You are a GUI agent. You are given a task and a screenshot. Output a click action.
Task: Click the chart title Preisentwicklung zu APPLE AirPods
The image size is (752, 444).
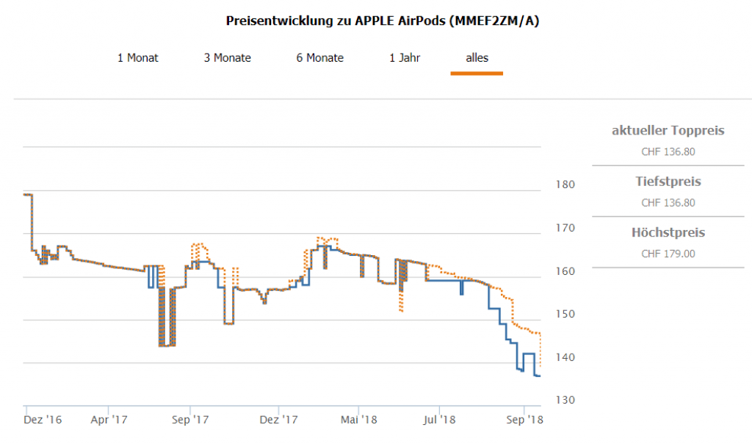point(383,21)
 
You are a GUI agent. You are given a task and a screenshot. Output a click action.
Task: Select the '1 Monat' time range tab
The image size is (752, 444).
point(138,57)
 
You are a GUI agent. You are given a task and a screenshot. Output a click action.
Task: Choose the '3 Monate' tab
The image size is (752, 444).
point(228,57)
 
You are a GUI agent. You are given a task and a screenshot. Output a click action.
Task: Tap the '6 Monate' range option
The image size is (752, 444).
point(320,57)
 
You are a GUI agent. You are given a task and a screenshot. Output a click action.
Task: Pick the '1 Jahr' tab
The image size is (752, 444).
point(405,57)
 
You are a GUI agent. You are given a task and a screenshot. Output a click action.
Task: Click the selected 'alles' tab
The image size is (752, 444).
point(477,57)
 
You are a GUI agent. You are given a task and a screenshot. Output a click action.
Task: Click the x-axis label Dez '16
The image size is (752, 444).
point(43,420)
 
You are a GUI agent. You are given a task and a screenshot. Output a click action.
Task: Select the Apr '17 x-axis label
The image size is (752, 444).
point(109,420)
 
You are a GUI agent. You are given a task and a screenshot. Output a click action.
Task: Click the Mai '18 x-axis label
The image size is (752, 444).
point(358,420)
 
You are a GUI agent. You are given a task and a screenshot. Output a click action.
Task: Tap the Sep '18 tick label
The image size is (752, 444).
point(524,420)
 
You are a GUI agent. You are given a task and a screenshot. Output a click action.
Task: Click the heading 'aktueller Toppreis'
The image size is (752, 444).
point(668,131)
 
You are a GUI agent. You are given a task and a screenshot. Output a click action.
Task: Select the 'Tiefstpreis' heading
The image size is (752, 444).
point(668,182)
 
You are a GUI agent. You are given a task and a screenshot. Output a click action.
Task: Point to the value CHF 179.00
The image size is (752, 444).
point(668,254)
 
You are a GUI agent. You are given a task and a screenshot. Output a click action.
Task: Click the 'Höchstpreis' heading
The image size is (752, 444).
point(668,233)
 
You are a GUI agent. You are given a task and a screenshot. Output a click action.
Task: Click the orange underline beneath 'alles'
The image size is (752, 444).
point(477,74)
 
